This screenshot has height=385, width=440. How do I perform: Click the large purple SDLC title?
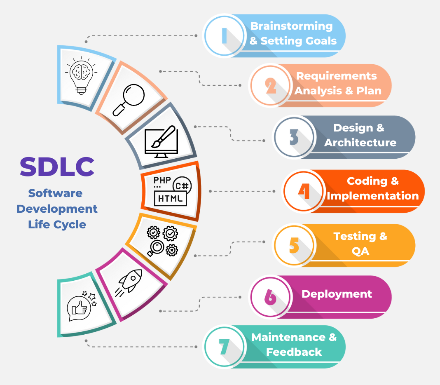pos(57,167)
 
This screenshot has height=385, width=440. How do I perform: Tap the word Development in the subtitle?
pos(57,209)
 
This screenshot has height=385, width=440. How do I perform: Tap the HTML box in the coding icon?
pos(170,199)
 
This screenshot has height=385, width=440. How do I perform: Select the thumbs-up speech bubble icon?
pos(82,306)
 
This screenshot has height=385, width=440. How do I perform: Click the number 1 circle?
pos(224,36)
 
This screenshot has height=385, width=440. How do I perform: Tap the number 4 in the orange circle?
pos(304,191)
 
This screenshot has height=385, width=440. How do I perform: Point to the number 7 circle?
pos(224,347)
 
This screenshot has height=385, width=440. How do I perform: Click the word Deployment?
pos(337,294)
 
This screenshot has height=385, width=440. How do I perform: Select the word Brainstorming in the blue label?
pos(291,26)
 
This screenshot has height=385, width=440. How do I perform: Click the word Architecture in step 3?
pos(360,143)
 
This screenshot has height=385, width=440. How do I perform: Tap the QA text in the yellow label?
pos(360,251)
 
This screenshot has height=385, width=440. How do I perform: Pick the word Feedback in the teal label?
pos(294,352)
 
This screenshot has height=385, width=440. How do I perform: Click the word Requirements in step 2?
pos(336,76)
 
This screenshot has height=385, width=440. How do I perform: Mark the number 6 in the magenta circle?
pos(270,297)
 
